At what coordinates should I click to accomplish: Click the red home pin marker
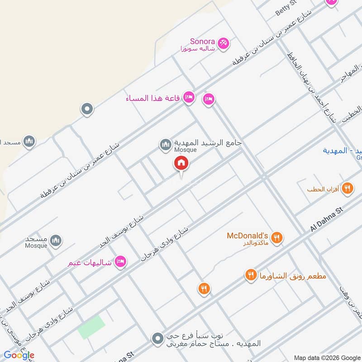[x=181, y=163]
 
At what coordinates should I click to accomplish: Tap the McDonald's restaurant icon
[x=277, y=237]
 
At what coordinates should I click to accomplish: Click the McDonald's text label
[x=248, y=236]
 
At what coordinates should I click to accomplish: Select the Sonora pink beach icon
[x=223, y=43]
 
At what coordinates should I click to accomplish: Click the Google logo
[x=19, y=355]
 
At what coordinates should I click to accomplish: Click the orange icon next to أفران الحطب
[x=347, y=188]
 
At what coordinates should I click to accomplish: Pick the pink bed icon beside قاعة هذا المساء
[x=189, y=97]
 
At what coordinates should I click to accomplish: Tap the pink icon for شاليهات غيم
[x=120, y=262]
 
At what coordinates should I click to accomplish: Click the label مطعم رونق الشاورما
[x=292, y=276]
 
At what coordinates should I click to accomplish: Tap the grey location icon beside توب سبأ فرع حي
[x=157, y=338]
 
